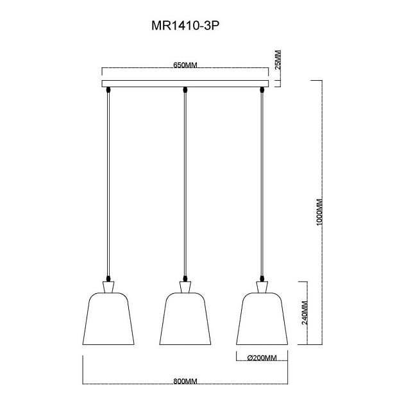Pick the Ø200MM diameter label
point(261,357)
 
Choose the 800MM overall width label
point(185,381)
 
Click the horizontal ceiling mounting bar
point(185,83)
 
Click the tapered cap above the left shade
point(107,285)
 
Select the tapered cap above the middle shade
point(185,285)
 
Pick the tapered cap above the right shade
point(262,285)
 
